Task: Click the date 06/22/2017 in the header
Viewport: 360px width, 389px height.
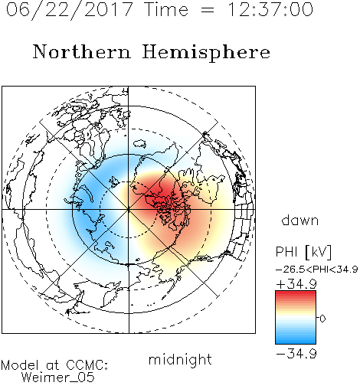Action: [x=69, y=10]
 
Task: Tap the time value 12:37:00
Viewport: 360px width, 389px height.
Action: [x=270, y=9]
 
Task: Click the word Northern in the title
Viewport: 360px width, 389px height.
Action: [x=82, y=51]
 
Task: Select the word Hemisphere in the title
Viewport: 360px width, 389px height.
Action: [x=206, y=53]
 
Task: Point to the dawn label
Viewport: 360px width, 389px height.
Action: [x=300, y=220]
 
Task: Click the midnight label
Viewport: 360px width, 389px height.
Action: [x=180, y=360]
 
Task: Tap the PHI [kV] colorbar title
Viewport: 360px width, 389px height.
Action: [x=303, y=252]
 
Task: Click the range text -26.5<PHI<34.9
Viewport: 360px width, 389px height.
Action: [x=317, y=270]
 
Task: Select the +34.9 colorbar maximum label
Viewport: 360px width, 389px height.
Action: [x=296, y=284]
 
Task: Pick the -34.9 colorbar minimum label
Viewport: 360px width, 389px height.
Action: [x=296, y=354]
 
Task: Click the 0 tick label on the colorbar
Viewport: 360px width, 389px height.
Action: [x=322, y=319]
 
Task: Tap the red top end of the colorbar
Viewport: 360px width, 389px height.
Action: [x=296, y=293]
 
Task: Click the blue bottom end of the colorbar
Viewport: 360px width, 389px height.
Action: [x=296, y=342]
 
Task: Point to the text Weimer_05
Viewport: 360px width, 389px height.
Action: [x=58, y=378]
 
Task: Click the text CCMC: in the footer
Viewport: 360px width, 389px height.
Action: [x=87, y=365]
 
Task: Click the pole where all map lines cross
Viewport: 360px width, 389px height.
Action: [x=129, y=210]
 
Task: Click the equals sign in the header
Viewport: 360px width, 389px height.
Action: [x=208, y=10]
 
